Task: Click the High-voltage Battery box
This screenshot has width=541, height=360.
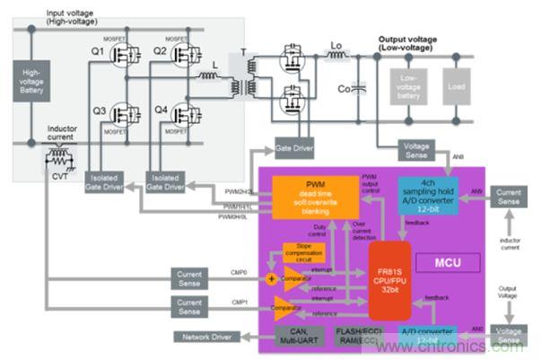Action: click(x=31, y=82)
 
